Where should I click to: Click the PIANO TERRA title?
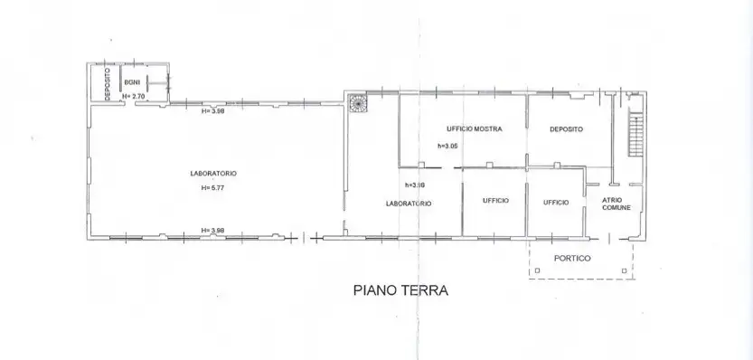pos(399,291)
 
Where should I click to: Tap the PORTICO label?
pos(573,259)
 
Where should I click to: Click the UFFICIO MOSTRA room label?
pos(474,129)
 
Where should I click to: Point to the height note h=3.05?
pos(449,146)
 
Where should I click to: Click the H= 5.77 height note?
pos(213,188)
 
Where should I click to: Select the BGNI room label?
pos(132,82)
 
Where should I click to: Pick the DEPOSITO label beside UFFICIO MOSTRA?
pos(567,129)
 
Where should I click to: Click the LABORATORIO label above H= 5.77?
pos(213,173)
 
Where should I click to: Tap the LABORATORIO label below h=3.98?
pos(409,204)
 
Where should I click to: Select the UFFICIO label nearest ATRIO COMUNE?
pos(555,202)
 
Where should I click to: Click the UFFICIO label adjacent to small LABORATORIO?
pos(494,200)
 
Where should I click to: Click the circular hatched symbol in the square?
pos(358,103)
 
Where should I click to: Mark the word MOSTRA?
pos(487,129)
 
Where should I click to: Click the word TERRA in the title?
pos(424,291)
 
